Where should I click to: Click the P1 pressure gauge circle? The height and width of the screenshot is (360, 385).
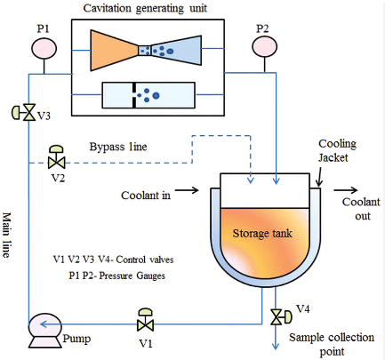click(44, 48)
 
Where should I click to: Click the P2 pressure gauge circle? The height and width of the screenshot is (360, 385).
click(265, 47)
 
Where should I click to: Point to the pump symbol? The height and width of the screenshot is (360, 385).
click(45, 331)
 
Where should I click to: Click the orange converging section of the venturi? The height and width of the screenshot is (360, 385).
click(114, 51)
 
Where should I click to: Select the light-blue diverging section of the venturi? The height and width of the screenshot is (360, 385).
click(177, 51)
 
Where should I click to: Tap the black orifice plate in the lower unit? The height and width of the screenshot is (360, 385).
click(134, 95)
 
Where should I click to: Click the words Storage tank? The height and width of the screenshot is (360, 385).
click(262, 234)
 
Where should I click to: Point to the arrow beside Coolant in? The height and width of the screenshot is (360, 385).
click(187, 190)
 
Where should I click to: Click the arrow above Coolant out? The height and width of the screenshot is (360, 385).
click(346, 190)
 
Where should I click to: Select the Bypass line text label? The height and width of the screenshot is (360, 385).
click(118, 147)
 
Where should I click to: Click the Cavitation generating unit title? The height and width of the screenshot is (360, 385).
click(145, 8)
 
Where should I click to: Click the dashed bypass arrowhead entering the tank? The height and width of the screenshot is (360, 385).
click(251, 180)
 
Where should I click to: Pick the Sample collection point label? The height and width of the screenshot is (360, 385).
click(332, 345)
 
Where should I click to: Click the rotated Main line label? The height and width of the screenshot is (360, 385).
click(7, 235)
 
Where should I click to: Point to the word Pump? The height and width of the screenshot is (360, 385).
click(76, 339)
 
